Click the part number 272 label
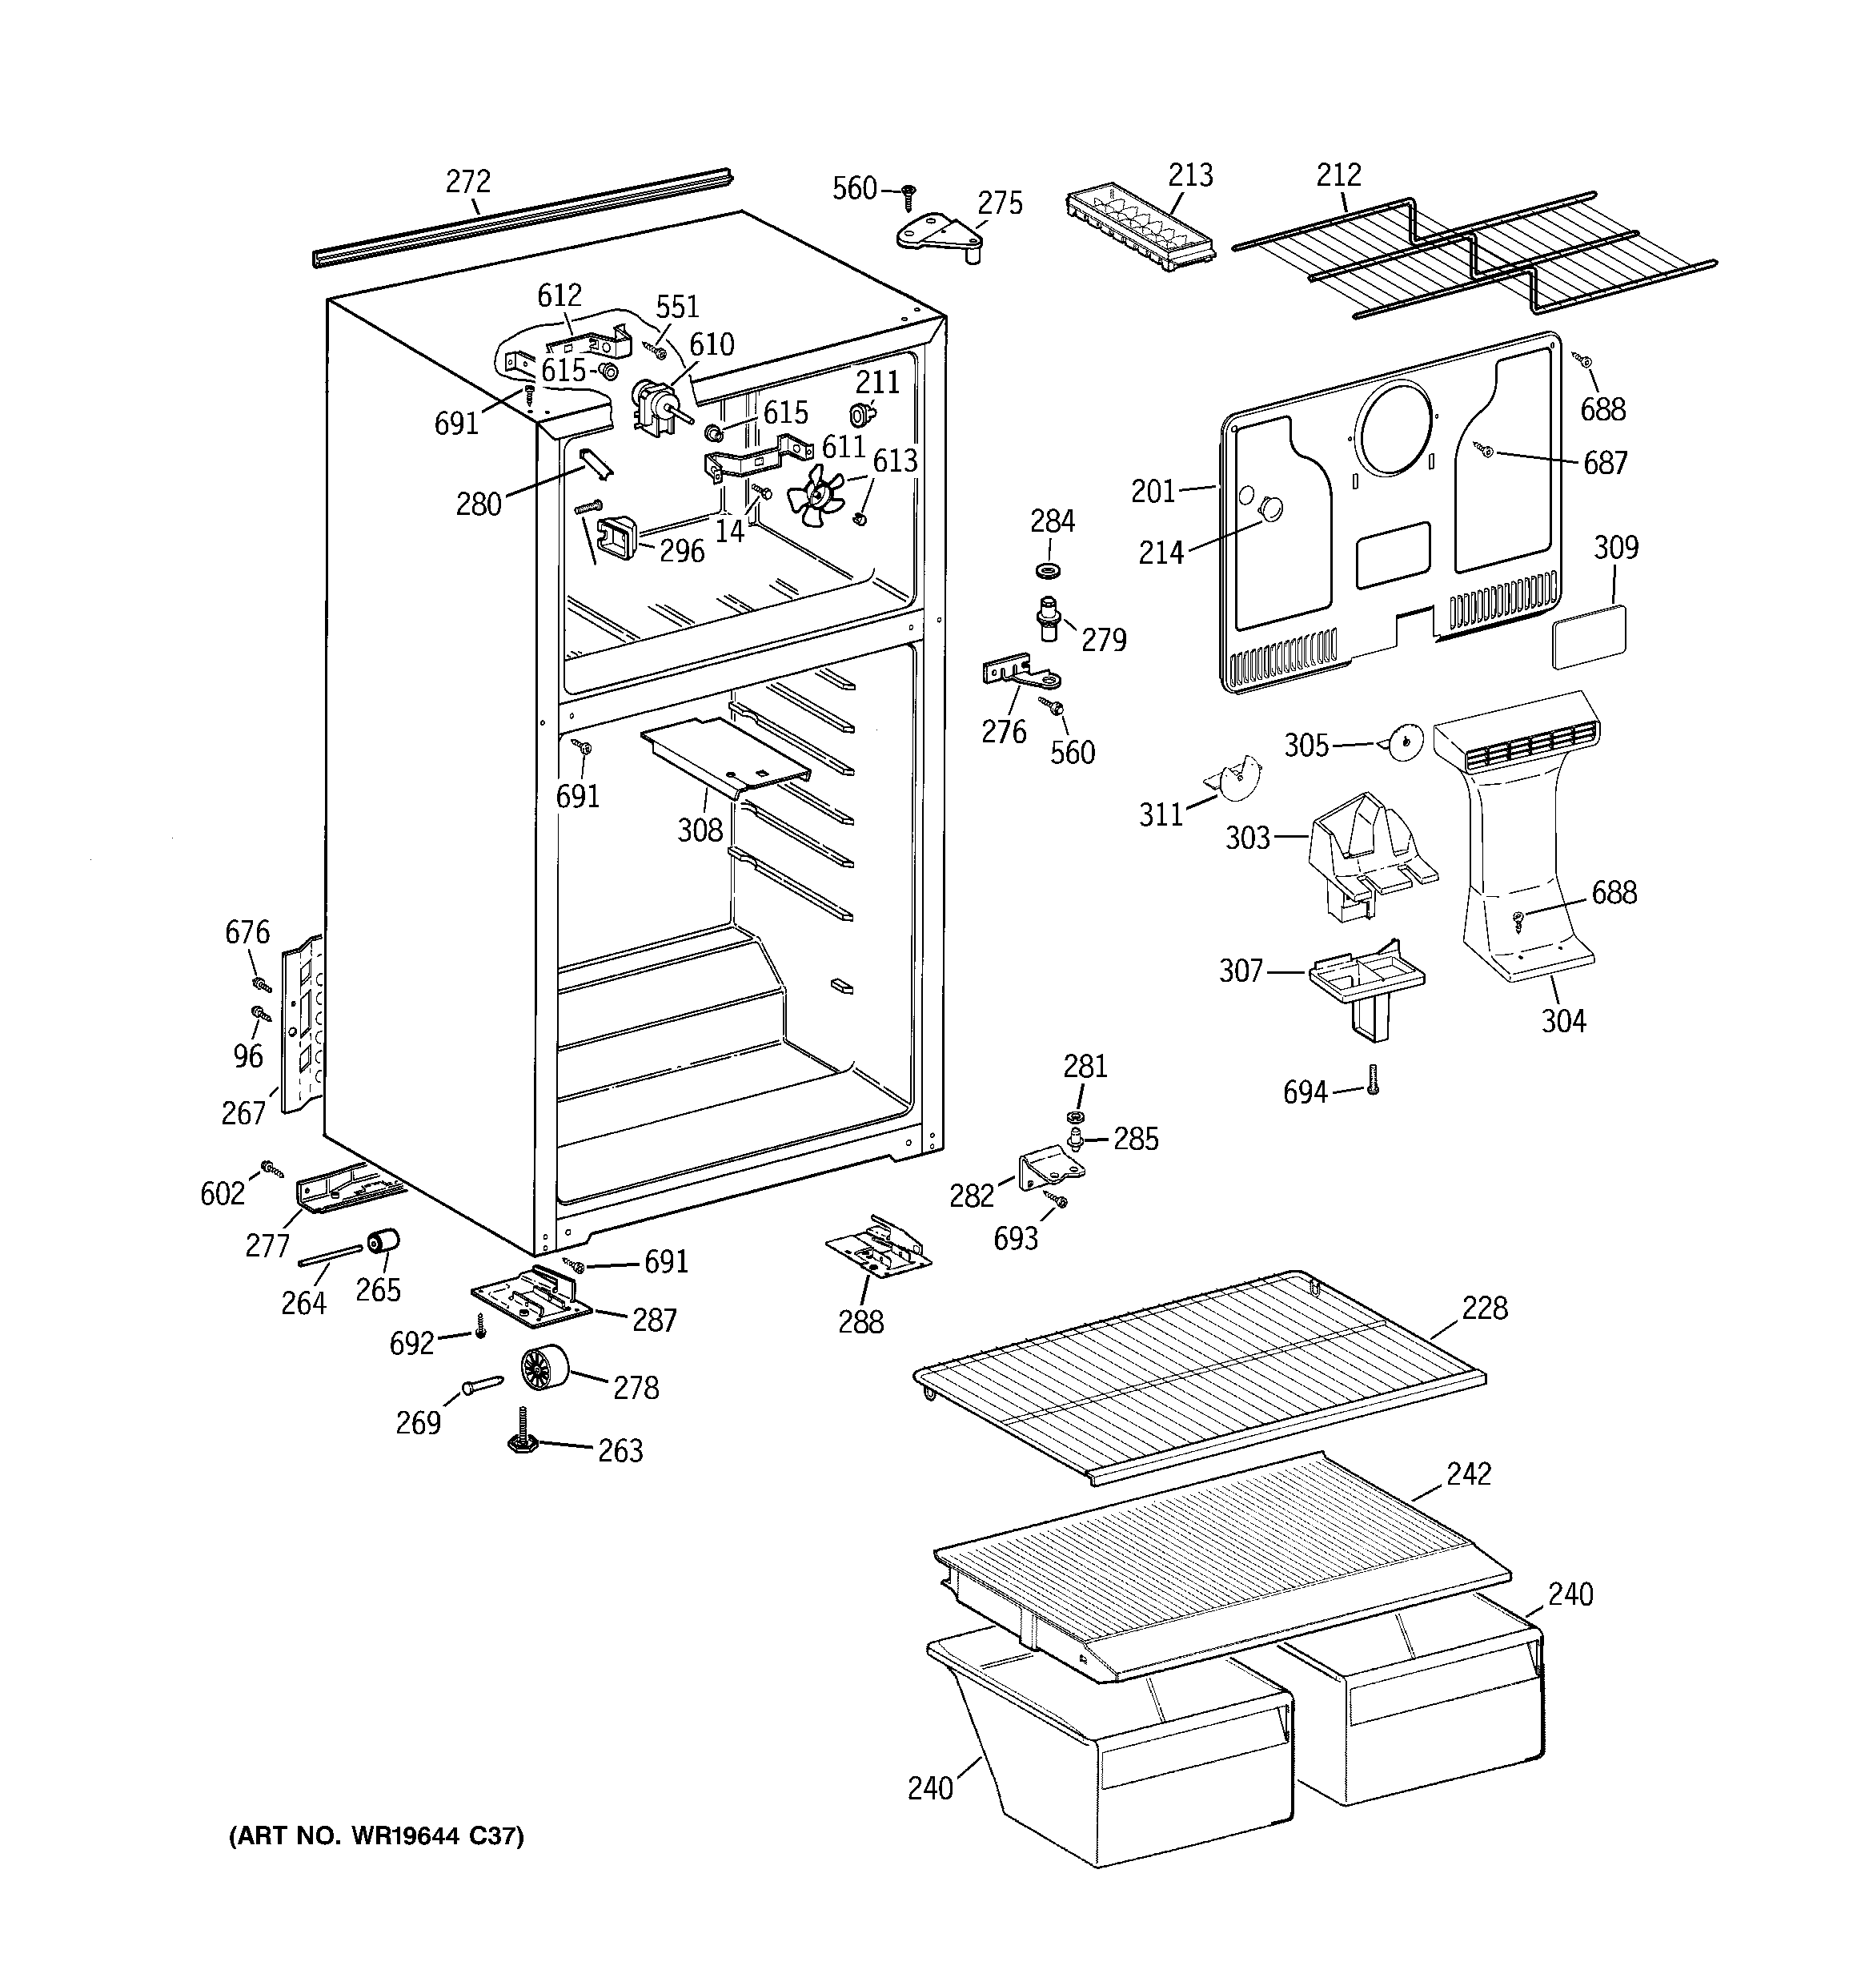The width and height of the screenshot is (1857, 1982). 467,182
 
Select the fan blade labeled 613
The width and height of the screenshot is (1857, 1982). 816,496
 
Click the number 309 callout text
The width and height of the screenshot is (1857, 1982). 1614,547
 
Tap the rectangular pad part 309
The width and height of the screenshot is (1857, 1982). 1589,635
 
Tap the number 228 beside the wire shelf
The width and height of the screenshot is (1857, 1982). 1484,1307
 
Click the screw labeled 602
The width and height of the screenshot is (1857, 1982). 269,1167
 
